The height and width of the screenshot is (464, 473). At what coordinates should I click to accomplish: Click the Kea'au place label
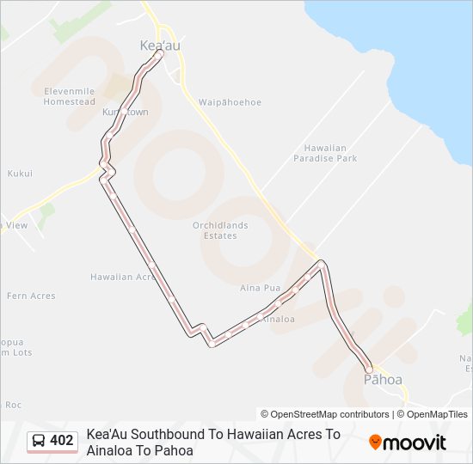(x=160, y=45)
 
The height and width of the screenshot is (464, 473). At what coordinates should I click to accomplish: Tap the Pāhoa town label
(x=383, y=379)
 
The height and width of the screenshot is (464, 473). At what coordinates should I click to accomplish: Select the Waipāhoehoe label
(x=230, y=102)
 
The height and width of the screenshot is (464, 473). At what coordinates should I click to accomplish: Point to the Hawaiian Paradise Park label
(x=325, y=153)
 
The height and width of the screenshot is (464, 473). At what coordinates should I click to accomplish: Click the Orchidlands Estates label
(x=220, y=230)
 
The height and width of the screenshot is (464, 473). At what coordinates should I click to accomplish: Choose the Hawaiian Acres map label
(x=123, y=277)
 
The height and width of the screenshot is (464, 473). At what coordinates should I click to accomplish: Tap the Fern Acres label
(x=31, y=296)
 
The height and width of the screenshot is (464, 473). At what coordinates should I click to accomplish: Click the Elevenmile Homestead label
(x=70, y=95)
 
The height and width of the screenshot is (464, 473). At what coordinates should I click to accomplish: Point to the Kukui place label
(x=20, y=173)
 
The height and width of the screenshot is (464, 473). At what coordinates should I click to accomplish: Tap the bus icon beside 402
(x=39, y=442)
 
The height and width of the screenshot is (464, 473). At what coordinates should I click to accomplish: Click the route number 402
(x=62, y=442)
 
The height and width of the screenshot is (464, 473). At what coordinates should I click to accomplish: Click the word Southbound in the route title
(x=169, y=435)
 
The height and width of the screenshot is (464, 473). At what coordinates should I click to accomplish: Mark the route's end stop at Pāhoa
(x=369, y=368)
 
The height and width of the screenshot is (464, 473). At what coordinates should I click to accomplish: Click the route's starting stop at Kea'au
(x=161, y=52)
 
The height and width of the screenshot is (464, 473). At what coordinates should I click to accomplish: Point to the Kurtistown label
(x=126, y=113)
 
